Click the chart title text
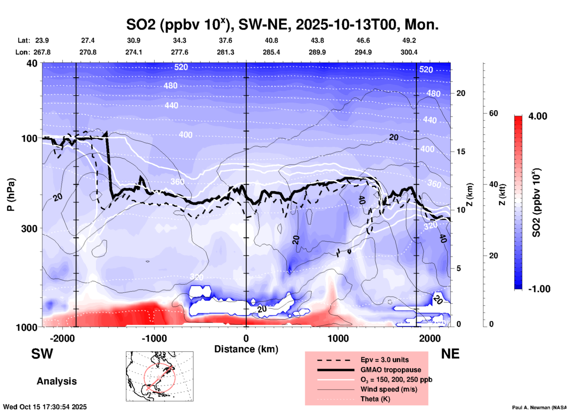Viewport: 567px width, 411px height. (x=282, y=24)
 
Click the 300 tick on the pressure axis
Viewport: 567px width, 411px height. (x=29, y=228)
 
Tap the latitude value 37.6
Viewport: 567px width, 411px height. (x=226, y=40)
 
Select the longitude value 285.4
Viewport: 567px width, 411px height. (x=271, y=52)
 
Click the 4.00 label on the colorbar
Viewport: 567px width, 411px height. (x=538, y=116)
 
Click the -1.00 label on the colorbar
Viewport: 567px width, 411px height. (x=539, y=289)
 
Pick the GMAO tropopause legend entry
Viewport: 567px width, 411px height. (x=391, y=370)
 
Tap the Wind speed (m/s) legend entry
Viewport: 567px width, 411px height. (x=389, y=389)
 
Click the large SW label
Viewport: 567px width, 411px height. (x=42, y=354)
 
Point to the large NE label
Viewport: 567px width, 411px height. (x=450, y=354)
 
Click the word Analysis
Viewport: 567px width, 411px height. (x=57, y=381)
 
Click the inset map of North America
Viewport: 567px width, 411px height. (x=160, y=376)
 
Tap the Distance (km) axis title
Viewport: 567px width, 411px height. (x=246, y=349)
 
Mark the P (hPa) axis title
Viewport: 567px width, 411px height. (x=11, y=195)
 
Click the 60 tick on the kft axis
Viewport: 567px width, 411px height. (x=493, y=113)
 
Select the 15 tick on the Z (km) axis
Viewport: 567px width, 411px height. (x=461, y=152)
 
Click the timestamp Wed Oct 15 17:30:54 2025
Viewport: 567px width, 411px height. (x=45, y=407)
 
